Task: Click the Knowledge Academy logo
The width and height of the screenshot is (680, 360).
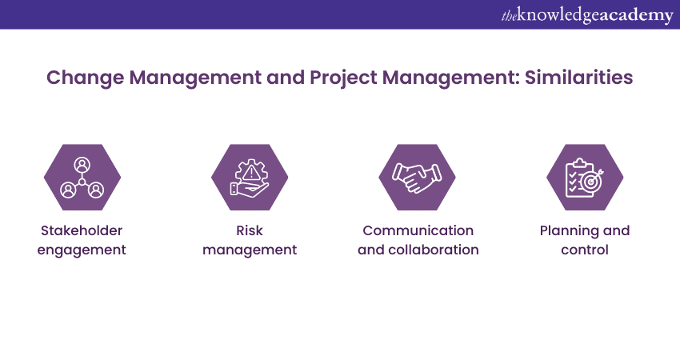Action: pos(587,16)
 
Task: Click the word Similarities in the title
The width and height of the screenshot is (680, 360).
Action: pos(578,78)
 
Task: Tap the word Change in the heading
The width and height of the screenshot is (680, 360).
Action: pos(85,78)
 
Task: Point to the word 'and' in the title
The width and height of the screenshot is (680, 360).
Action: pos(286,78)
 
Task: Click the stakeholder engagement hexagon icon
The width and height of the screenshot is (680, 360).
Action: pos(82,178)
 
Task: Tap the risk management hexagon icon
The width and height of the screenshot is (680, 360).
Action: pos(250,178)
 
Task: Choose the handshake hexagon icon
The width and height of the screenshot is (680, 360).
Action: pos(417,178)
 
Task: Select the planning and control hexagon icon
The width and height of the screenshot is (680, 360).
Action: pos(585,178)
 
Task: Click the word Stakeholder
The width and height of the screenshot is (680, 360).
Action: pos(82,230)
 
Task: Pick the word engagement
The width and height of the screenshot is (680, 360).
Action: pos(82,250)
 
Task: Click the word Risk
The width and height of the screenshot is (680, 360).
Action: pos(250,230)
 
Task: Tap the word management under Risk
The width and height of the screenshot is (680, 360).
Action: pos(250,250)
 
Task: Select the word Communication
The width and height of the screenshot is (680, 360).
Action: pos(418,230)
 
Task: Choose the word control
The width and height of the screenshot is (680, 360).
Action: pos(585,250)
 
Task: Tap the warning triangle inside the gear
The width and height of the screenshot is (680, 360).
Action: pos(250,174)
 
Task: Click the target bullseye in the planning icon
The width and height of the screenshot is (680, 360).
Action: pos(590,182)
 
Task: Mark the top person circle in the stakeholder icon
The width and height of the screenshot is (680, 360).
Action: pos(82,166)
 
